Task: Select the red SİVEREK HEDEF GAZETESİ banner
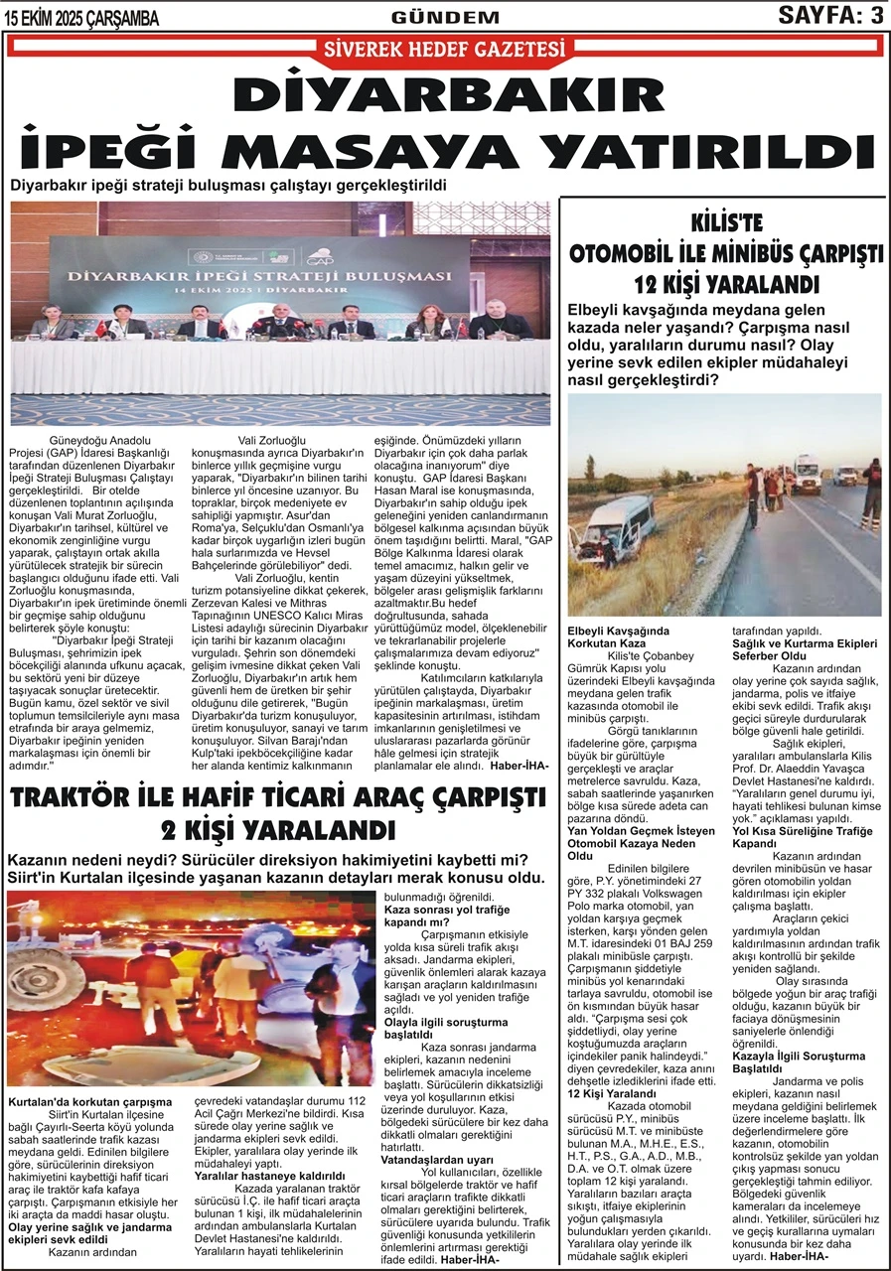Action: (x=444, y=49)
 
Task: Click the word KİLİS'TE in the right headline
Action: (x=725, y=223)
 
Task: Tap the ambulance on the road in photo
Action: (x=806, y=474)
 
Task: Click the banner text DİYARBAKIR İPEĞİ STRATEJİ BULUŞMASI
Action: (x=280, y=274)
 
